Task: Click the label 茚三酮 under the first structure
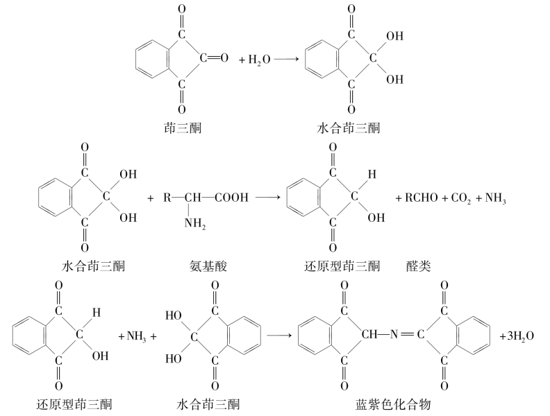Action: click(x=183, y=128)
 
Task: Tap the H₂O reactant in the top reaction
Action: click(x=260, y=60)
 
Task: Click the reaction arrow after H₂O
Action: click(x=286, y=59)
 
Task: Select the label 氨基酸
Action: click(x=208, y=266)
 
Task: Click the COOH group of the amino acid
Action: click(x=231, y=198)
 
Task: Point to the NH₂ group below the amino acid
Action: click(x=195, y=223)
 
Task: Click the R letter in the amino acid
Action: click(x=167, y=198)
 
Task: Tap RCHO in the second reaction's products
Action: click(x=422, y=198)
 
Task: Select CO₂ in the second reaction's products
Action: click(x=461, y=198)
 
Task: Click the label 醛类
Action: click(x=419, y=266)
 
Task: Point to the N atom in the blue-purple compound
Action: click(x=394, y=335)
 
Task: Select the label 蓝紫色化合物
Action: click(x=393, y=405)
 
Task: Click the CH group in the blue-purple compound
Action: click(x=369, y=335)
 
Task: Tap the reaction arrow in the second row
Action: click(x=268, y=197)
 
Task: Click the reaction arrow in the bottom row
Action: click(x=279, y=336)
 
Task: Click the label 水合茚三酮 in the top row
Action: click(x=349, y=128)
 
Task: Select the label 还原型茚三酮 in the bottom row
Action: click(x=74, y=405)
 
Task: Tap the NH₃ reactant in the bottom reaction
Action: click(x=136, y=337)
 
